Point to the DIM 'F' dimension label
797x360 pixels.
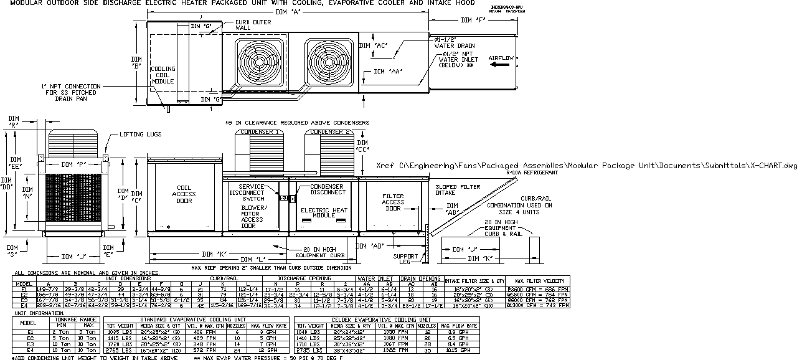473,21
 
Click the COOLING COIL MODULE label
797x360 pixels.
163,75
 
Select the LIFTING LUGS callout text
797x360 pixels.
140,134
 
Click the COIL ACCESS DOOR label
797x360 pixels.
184,194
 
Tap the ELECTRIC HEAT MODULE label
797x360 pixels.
324,212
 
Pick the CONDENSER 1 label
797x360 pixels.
259,132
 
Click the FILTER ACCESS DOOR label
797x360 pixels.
393,202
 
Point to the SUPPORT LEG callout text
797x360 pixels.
405,258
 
